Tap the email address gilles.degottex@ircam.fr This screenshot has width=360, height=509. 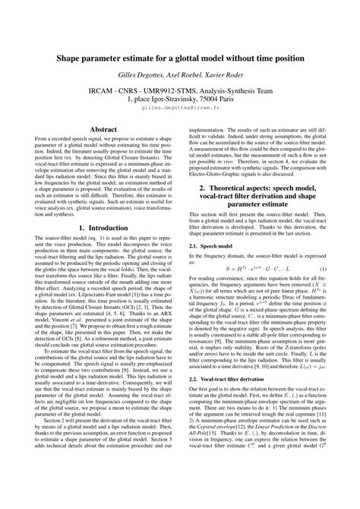180,108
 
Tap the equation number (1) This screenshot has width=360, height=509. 344,227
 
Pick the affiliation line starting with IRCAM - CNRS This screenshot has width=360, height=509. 180,88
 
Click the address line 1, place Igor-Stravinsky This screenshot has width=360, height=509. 180,98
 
